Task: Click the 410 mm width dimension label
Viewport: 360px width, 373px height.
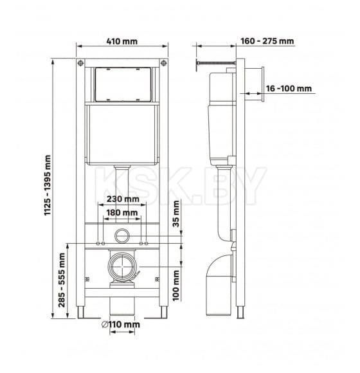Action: pyautogui.click(x=122, y=41)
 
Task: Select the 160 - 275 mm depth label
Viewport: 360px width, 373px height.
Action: pyautogui.click(x=267, y=41)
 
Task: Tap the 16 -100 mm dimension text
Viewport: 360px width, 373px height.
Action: pyautogui.click(x=289, y=89)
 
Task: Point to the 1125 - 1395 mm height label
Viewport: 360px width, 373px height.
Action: pyautogui.click(x=48, y=185)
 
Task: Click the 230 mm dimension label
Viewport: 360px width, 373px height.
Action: pyautogui.click(x=123, y=199)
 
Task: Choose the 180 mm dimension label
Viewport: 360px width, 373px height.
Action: pyautogui.click(x=122, y=213)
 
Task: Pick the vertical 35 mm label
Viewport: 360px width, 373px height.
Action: pyautogui.click(x=176, y=214)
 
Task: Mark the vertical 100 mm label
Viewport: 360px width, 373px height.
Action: pyautogui.click(x=176, y=286)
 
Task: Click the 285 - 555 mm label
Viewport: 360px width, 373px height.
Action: pyautogui.click(x=62, y=280)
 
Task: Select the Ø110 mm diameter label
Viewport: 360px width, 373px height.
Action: pyautogui.click(x=121, y=325)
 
